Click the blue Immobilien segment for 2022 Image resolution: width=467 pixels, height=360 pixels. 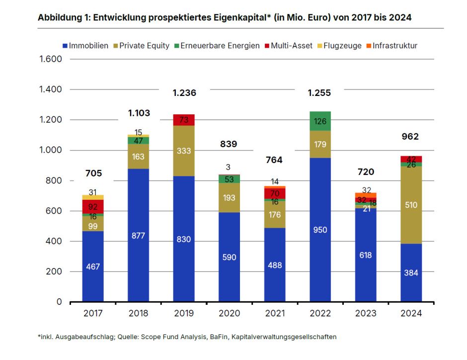tap(320, 230)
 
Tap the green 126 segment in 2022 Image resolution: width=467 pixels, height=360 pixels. tap(320, 121)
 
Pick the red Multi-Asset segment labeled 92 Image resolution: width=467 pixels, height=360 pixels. tap(93, 206)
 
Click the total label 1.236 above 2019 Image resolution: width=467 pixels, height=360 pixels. tap(184, 93)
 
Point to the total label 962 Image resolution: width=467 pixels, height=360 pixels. tap(410, 137)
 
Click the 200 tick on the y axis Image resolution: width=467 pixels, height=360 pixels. tap(54, 271)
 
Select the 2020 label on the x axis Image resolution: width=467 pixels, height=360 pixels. tap(229, 314)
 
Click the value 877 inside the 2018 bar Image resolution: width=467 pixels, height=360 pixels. tap(138, 235)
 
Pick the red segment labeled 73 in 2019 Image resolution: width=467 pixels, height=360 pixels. tap(184, 120)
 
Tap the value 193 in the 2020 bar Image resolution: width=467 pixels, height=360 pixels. tap(229, 198)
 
